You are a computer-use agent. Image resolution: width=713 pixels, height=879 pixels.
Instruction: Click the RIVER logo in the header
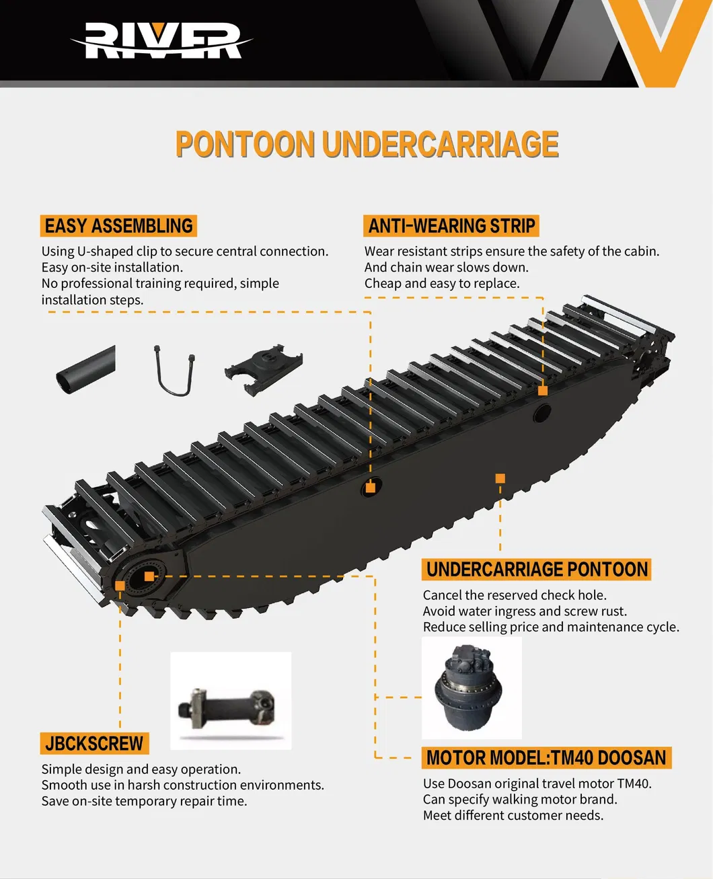pyautogui.click(x=161, y=40)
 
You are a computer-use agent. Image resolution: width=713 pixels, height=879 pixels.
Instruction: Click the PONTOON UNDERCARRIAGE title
pyautogui.click(x=367, y=144)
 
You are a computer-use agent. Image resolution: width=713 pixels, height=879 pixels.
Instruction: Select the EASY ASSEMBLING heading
pyautogui.click(x=118, y=226)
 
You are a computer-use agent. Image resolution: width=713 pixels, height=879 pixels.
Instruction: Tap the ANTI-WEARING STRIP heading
pyautogui.click(x=451, y=226)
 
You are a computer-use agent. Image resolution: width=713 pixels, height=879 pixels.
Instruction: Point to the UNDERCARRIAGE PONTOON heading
pyautogui.click(x=536, y=570)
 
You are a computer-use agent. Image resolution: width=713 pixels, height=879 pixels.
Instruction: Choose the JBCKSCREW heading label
pyautogui.click(x=94, y=743)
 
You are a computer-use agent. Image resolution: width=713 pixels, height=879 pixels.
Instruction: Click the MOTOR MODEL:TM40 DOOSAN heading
pyautogui.click(x=546, y=758)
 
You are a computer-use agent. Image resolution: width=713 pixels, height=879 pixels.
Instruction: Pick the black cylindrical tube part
pyautogui.click(x=85, y=370)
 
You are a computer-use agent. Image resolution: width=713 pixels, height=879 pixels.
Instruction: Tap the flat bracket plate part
pyautogui.click(x=263, y=369)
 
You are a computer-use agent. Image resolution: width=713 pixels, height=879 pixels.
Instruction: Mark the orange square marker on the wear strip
pyautogui.click(x=543, y=390)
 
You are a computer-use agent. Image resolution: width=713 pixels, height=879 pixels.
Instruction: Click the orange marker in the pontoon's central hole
pyautogui.click(x=371, y=488)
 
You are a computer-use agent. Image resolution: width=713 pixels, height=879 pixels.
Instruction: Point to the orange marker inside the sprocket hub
pyautogui.click(x=149, y=576)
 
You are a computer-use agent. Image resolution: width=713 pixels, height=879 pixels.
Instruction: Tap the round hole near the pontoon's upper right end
pyautogui.click(x=542, y=413)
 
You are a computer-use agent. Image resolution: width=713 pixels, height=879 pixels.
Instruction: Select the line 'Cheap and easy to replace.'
pyautogui.click(x=442, y=284)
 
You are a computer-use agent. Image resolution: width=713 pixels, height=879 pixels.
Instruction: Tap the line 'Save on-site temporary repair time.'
pyautogui.click(x=144, y=801)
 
